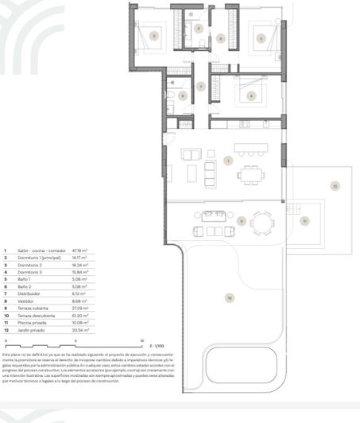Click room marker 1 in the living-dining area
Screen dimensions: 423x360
click(227, 161)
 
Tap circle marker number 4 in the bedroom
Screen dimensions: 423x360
click(251, 95)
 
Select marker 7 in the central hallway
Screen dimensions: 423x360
click(201, 86)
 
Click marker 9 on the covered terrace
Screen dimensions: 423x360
click(241, 219)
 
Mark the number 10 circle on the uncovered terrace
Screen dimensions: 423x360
click(230, 297)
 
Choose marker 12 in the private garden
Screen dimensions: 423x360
click(335, 187)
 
